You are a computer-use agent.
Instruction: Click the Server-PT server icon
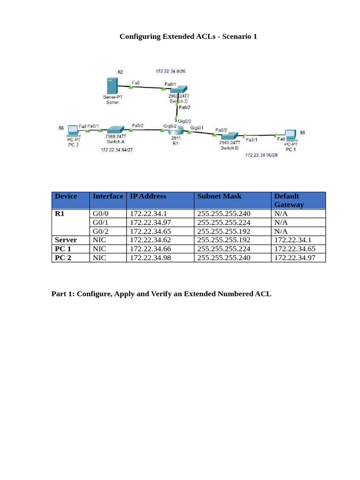tap(112, 86)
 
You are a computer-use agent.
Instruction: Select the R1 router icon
tap(175, 131)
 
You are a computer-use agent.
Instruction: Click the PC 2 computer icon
tap(73, 130)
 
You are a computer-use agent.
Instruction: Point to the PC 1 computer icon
tap(291, 135)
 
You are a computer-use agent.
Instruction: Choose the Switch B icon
tap(230, 135)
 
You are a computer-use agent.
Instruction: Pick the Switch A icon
tap(115, 130)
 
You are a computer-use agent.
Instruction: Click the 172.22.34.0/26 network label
tap(171, 71)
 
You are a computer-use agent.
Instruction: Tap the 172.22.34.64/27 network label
tap(117, 150)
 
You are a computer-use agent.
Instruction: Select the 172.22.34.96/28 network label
tap(261, 155)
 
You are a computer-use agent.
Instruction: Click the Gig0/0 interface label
tap(184, 120)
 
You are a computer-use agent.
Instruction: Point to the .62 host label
tap(120, 72)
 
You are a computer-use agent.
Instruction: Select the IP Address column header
tap(148, 196)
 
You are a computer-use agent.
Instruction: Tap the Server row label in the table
tap(66, 240)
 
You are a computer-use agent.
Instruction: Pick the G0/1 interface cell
tap(101, 222)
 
